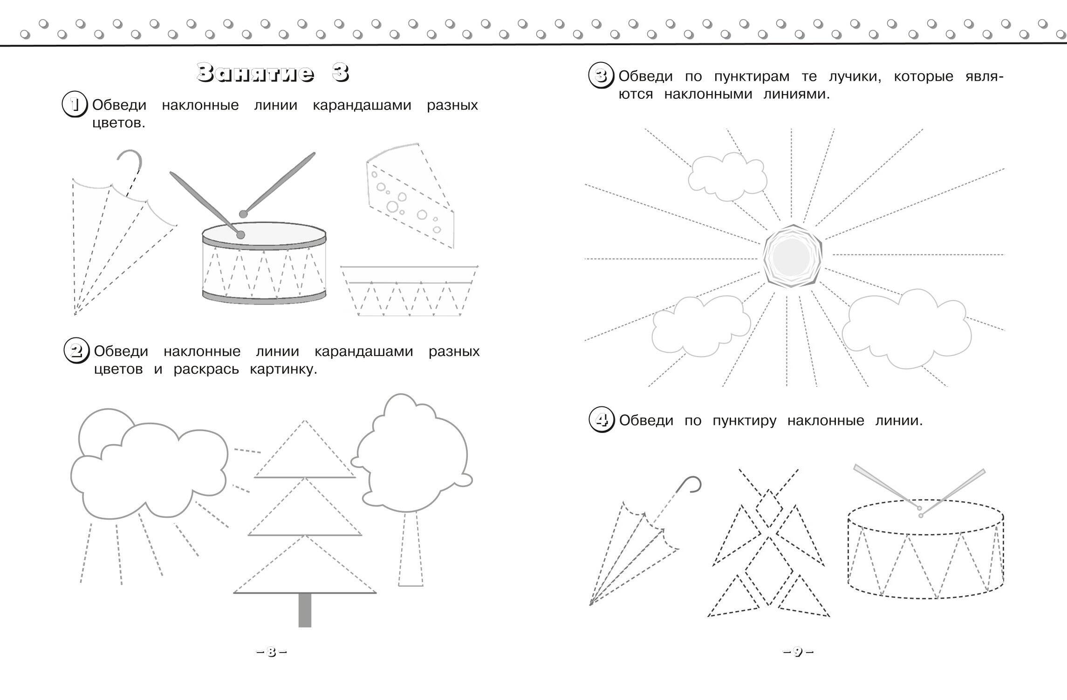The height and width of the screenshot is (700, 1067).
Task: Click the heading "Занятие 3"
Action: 273,73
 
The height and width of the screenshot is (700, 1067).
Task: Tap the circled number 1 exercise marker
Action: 75,105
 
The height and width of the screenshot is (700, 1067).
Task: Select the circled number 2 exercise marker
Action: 76,351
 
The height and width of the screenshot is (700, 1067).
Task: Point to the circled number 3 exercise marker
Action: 602,76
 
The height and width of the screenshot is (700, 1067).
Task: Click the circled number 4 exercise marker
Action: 602,420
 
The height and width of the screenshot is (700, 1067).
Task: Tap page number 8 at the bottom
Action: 272,652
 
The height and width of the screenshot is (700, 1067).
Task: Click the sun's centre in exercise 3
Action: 793,256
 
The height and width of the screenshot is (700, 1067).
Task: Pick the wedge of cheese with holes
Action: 410,195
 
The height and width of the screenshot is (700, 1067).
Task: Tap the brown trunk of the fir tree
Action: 305,610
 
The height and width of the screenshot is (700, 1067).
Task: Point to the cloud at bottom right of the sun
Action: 907,328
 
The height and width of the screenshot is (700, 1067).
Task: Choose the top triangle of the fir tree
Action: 305,449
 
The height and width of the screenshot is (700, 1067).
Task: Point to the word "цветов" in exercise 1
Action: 119,124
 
